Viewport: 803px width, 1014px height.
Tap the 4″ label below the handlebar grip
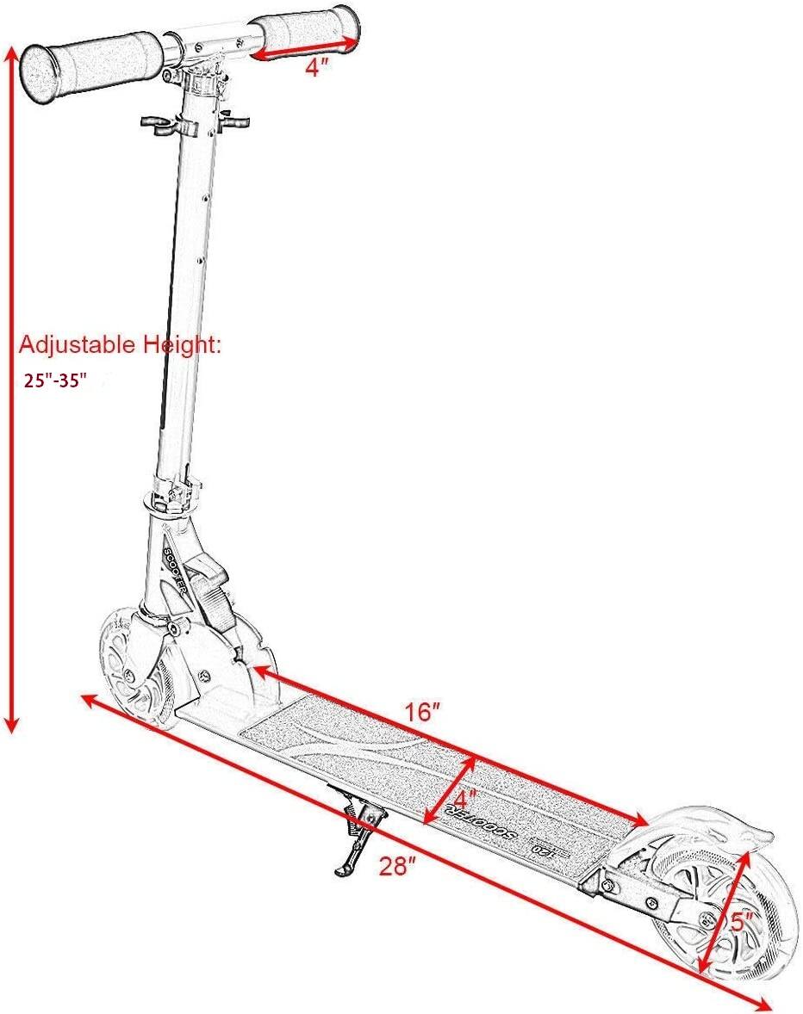(318, 69)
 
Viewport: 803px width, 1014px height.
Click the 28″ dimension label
(398, 867)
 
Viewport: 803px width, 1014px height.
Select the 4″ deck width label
(465, 797)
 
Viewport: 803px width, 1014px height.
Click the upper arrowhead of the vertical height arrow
(12, 53)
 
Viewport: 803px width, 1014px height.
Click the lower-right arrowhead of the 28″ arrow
(763, 1003)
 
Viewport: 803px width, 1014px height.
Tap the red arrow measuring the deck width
(450, 790)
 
